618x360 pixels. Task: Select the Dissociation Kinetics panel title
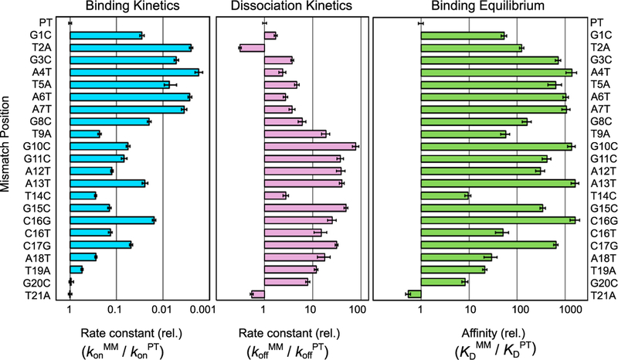pos(292,8)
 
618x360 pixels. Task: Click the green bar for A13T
pos(497,183)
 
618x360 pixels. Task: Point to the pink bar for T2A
pos(253,48)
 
